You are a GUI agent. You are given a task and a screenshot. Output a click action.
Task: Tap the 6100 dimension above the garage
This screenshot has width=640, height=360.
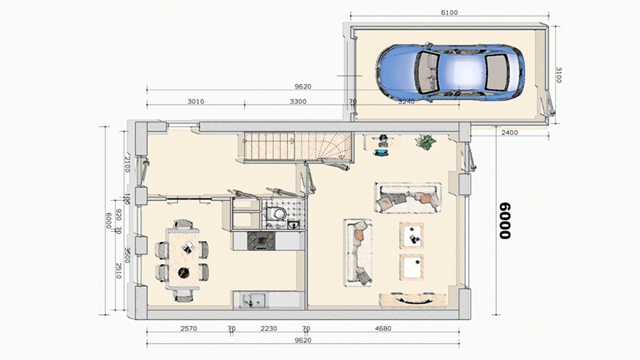coord(449,12)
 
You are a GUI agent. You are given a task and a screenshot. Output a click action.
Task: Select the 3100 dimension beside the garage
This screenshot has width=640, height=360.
coord(559,75)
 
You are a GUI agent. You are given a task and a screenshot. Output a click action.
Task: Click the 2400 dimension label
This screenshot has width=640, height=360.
coord(510,132)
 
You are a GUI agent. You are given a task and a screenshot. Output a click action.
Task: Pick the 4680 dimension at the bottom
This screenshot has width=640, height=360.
coord(383,328)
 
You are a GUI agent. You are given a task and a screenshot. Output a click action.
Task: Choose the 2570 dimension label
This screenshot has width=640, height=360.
coord(189,328)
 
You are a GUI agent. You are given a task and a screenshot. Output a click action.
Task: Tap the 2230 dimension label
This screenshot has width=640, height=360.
coord(269,328)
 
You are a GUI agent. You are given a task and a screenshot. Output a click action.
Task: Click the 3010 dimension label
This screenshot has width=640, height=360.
coord(196,101)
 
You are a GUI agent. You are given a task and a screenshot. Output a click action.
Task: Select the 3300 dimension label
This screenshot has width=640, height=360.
coord(298,101)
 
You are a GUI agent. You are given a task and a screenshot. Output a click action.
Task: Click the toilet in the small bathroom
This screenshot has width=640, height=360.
coord(276,213)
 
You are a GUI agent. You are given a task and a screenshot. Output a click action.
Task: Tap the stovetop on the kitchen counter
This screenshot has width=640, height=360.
coord(261,241)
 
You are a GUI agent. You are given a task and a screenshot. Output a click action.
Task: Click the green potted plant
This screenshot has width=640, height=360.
coord(425,142)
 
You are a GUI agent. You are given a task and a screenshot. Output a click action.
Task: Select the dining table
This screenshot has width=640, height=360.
coord(183,259)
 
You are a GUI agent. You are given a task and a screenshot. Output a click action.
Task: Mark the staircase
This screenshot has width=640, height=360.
coord(298,147)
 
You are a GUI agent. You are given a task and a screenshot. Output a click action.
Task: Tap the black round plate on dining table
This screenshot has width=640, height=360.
coord(184,272)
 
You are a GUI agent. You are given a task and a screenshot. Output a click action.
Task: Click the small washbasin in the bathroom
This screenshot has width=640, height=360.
coord(293,225)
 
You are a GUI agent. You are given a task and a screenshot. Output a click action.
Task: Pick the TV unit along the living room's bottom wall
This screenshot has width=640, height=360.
coord(413,300)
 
